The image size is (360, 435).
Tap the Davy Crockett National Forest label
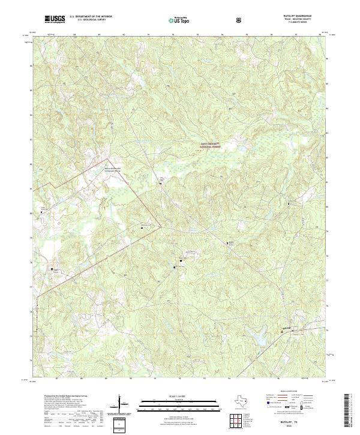210,145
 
